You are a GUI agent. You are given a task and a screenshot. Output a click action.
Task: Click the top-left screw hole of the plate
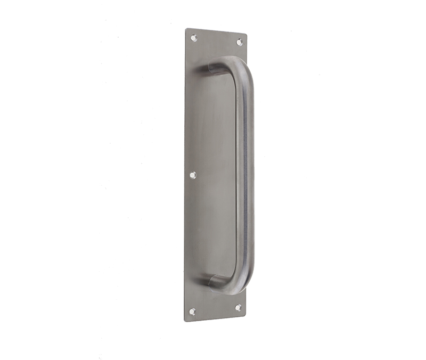click(x=194, y=38)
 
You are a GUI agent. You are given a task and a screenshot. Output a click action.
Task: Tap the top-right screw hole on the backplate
click(x=239, y=42)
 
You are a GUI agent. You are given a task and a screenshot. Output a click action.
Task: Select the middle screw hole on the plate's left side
click(x=193, y=175)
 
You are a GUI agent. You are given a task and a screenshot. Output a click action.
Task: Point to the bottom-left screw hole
click(x=192, y=311)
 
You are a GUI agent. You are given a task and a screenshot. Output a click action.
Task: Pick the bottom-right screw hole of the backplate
click(x=237, y=308)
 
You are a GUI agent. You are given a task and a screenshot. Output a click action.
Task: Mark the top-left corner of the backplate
click(x=186, y=29)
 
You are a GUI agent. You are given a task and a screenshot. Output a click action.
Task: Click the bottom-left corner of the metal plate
click(x=185, y=321)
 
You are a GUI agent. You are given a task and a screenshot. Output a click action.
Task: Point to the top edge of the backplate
click(x=216, y=31)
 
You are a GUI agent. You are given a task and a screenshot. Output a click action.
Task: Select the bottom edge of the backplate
click(x=215, y=318)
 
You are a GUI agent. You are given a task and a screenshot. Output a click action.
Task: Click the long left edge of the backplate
click(x=185, y=176)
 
